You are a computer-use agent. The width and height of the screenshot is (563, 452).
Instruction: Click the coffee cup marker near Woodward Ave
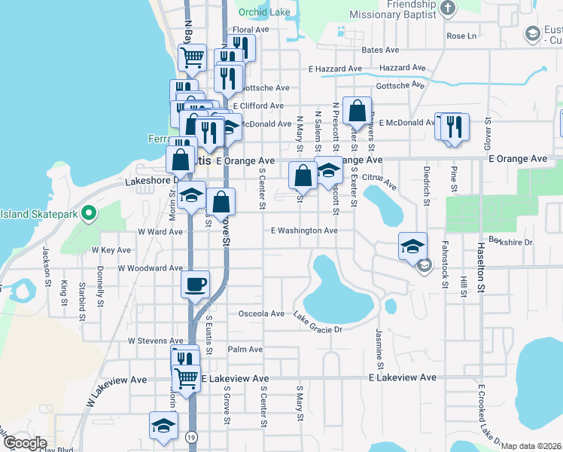click(x=196, y=285)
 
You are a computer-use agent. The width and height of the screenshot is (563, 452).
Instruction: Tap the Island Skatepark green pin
click(x=89, y=214)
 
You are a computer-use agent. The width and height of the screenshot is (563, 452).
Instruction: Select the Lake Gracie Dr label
click(x=318, y=323)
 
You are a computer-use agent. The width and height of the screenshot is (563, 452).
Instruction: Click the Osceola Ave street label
click(x=261, y=313)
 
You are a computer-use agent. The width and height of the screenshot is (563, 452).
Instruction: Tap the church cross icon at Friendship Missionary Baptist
click(x=447, y=8)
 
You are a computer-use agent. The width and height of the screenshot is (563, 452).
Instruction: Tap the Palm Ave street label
click(x=245, y=350)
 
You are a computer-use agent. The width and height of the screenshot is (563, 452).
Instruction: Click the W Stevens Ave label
click(x=155, y=341)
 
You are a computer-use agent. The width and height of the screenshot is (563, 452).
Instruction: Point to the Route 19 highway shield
click(x=193, y=437)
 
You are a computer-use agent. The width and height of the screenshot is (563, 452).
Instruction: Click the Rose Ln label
click(x=462, y=35)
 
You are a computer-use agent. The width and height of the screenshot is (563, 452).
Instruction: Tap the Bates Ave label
click(x=380, y=50)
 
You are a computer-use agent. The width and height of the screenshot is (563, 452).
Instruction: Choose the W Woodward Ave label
click(x=151, y=268)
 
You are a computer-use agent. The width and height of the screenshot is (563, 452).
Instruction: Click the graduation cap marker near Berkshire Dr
click(x=412, y=246)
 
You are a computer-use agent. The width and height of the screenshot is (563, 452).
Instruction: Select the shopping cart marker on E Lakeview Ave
click(x=186, y=378)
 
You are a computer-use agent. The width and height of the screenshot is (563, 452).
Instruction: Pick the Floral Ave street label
click(x=251, y=30)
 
